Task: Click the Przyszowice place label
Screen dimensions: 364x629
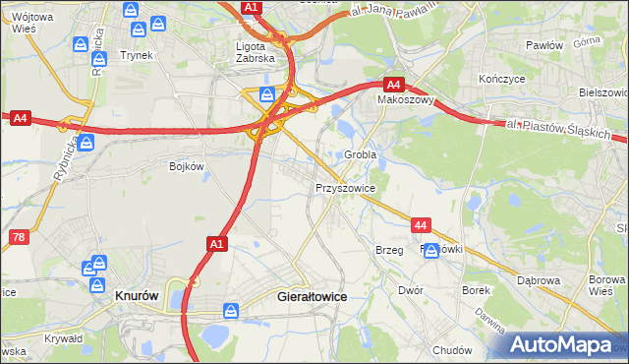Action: (x=345, y=186)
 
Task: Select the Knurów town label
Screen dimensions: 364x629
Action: (x=137, y=294)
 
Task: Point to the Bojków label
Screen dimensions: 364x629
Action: (x=186, y=166)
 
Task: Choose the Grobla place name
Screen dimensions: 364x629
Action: (x=361, y=155)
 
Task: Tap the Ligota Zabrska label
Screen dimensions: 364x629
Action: (x=258, y=51)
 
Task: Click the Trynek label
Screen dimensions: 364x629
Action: (x=137, y=55)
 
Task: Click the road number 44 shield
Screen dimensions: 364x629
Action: (x=421, y=225)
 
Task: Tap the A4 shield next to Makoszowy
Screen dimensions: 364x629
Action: (x=394, y=85)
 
